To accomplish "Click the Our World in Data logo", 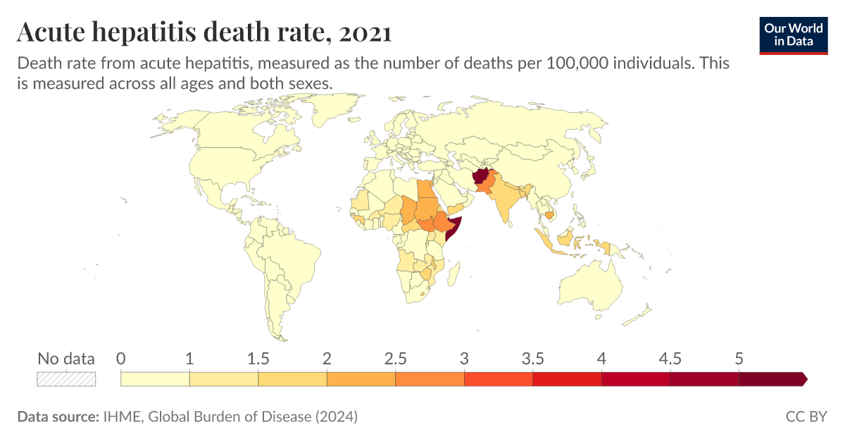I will coord(794,35).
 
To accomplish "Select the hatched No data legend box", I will coord(66,379).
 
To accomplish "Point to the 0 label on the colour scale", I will coord(121,359).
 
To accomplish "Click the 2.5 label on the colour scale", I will coord(395,359).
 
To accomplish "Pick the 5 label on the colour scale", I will coord(739,359).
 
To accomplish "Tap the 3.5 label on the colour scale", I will coord(532,359).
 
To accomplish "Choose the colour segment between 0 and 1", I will coord(155,379).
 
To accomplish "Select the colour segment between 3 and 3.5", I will coord(499,379).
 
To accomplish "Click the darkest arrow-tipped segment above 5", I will coord(772,379).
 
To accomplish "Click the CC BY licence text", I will coord(806,417).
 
